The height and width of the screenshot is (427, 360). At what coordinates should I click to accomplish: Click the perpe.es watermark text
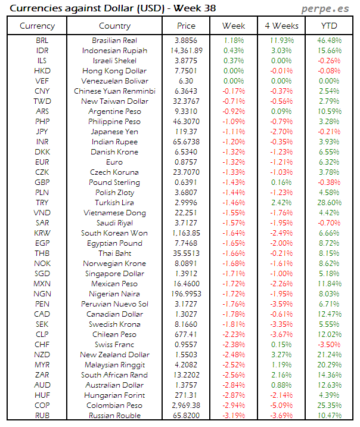[x=327, y=9]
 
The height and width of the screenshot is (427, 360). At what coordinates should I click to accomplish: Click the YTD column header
[x=328, y=26]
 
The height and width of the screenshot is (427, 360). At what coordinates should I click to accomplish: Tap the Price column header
[x=187, y=26]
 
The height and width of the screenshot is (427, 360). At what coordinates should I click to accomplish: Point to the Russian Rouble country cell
[x=114, y=415]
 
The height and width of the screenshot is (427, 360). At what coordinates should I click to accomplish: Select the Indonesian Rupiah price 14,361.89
[x=186, y=50]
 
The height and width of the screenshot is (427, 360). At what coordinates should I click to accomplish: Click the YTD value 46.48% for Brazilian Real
[x=329, y=40]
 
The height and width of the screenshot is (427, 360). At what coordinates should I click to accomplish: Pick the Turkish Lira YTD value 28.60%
[x=329, y=203]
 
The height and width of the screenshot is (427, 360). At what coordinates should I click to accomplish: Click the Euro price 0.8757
[x=187, y=162]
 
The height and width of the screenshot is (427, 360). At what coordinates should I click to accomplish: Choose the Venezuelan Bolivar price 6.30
[x=187, y=81]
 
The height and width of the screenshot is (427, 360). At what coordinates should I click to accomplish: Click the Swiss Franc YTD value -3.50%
[x=329, y=344]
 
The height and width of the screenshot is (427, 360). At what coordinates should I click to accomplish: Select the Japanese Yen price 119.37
[x=187, y=132]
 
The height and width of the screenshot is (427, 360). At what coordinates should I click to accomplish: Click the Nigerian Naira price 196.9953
[x=187, y=293]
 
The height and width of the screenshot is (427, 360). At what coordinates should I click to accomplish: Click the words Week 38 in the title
[x=194, y=8]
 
